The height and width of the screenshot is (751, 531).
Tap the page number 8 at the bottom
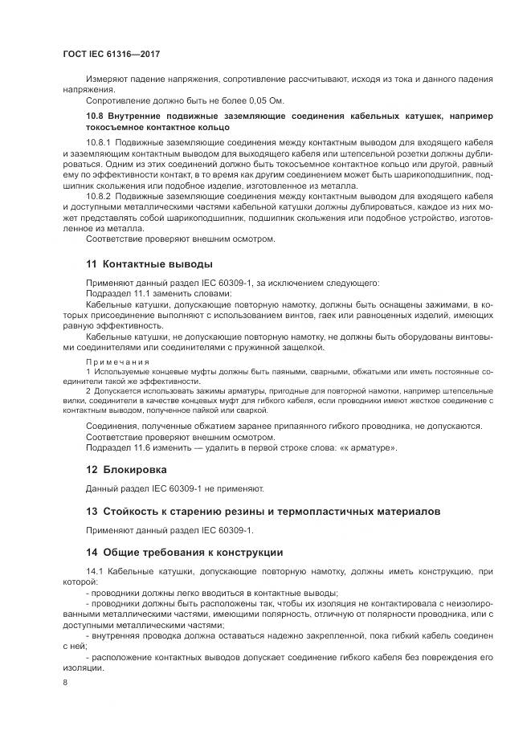pos(65,683)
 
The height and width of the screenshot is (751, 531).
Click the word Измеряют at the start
pos(105,79)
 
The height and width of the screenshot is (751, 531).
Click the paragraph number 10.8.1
pos(99,141)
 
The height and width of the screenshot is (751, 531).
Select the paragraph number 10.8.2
pos(99,195)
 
